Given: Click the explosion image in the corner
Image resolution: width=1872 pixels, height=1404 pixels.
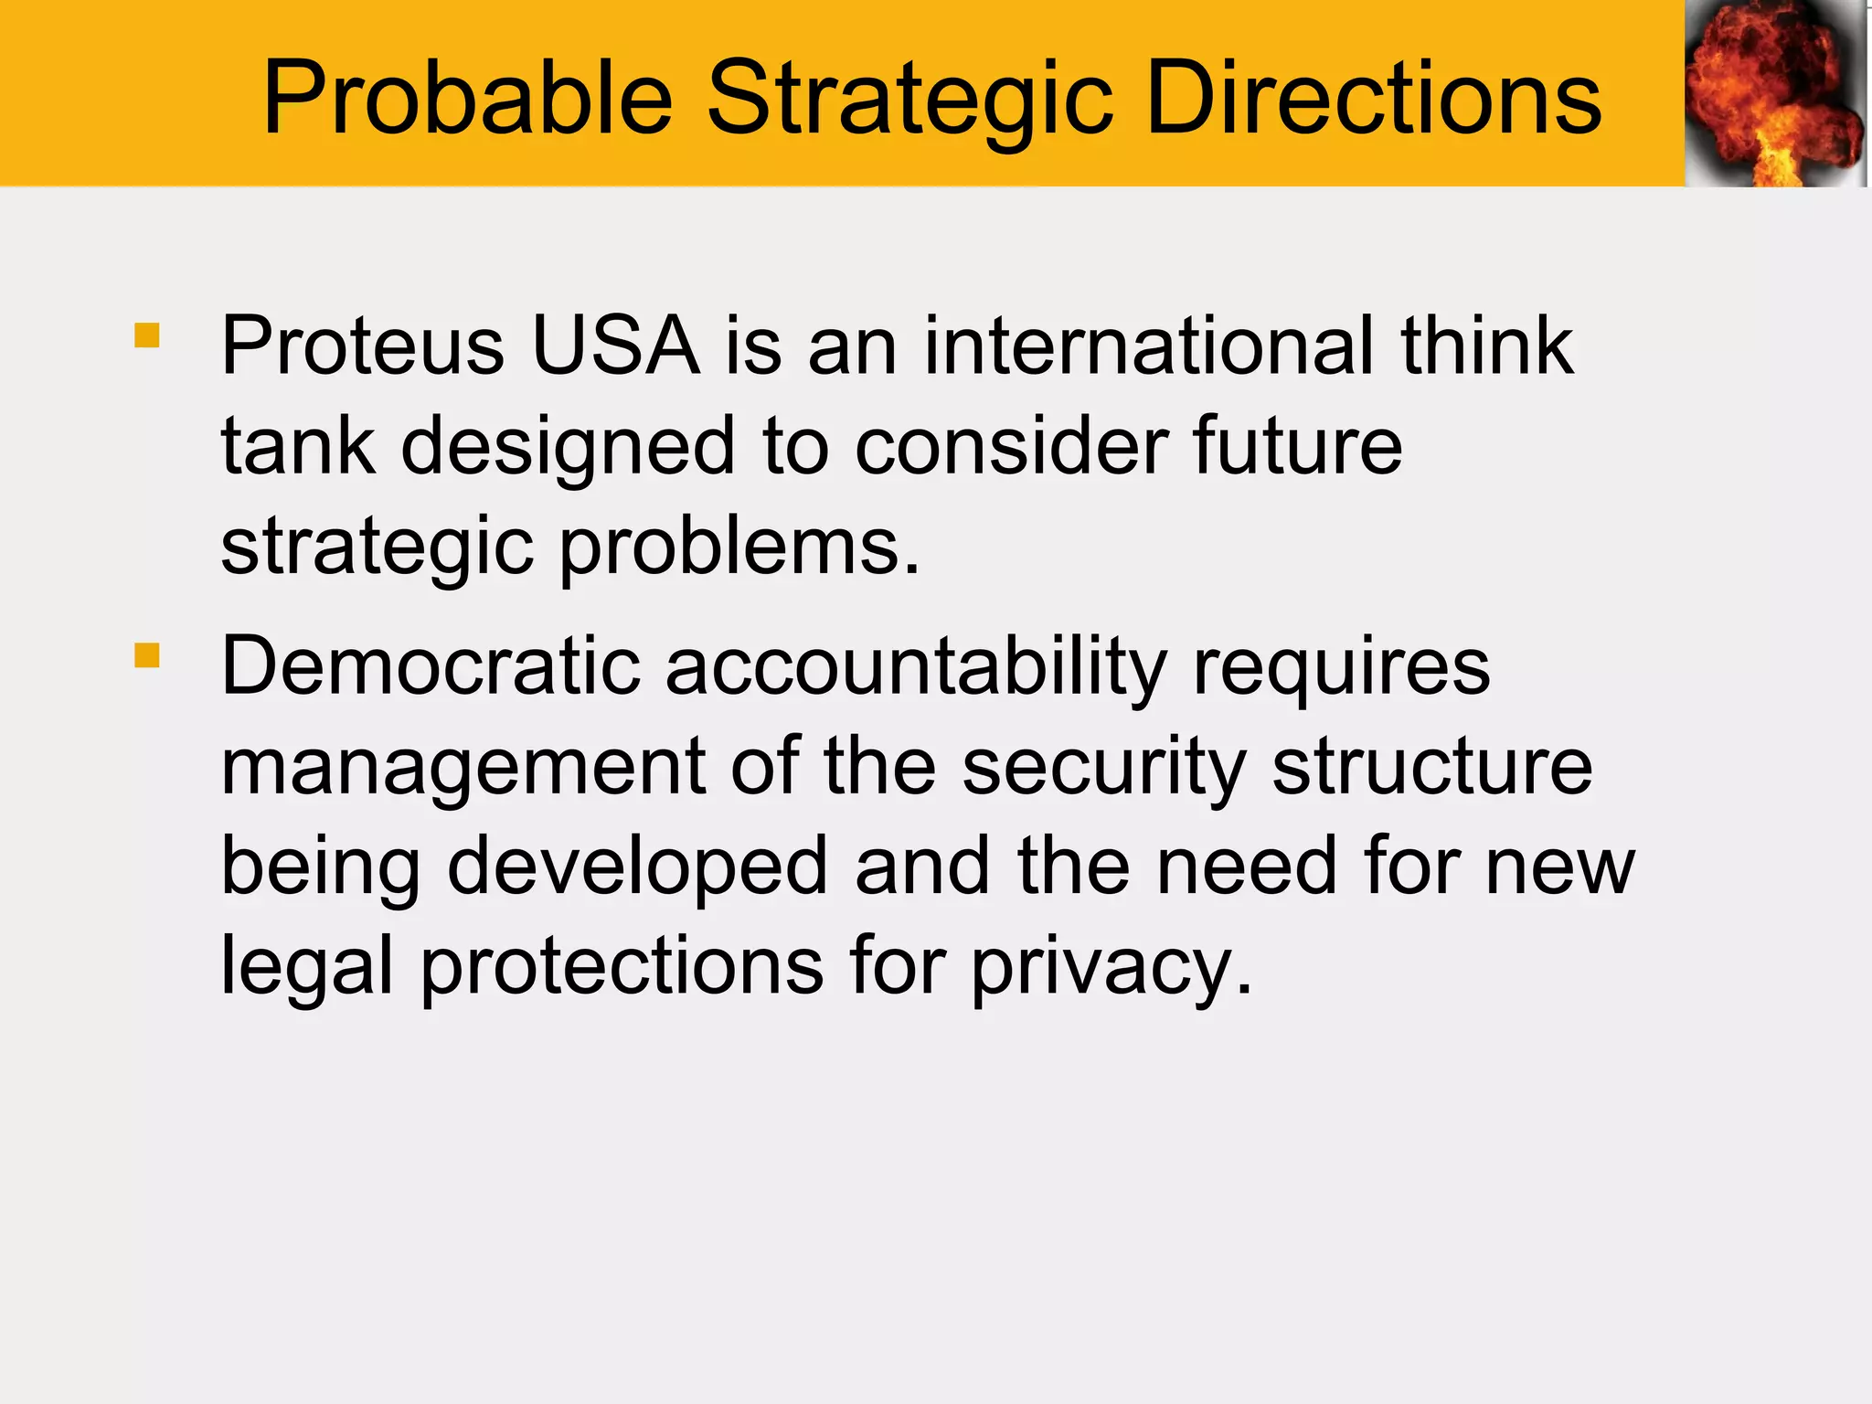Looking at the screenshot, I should pos(1774,93).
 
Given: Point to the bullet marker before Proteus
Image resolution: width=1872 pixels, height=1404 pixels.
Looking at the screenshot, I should pos(147,335).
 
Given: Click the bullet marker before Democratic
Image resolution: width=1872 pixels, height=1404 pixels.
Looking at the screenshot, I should pos(147,655).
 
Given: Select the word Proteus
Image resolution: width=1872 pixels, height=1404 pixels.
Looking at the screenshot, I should pos(363,346).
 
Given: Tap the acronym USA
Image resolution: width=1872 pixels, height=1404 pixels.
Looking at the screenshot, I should pos(615,346).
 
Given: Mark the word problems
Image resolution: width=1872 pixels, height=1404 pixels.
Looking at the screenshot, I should pos(739,548).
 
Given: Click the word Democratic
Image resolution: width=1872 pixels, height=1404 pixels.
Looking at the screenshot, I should pos(431,666).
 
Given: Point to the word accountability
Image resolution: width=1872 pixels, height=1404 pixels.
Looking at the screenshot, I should pos(916,666).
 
